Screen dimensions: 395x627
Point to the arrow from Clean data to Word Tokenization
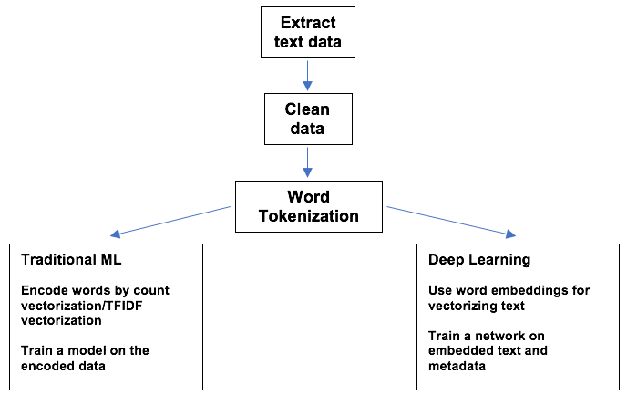tap(307, 161)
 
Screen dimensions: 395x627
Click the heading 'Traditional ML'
tap(70, 260)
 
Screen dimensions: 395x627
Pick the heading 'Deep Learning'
tap(479, 260)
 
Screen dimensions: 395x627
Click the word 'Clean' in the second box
tap(306, 109)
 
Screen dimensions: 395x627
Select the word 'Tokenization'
tap(310, 216)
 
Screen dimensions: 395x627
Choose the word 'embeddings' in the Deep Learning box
tap(520, 290)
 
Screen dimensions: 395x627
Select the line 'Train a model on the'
tap(85, 349)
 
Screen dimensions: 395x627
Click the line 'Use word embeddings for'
tap(509, 290)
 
